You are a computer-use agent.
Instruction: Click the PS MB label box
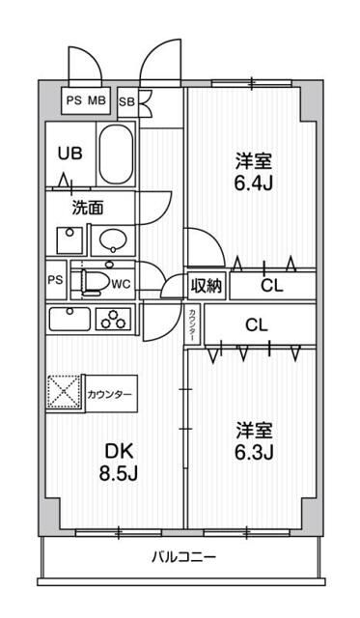click(x=86, y=100)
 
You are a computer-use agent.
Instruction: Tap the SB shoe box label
click(x=126, y=100)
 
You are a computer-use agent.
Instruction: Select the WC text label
click(x=121, y=284)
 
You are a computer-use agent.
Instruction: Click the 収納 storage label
click(x=206, y=286)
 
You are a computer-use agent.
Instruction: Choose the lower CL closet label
click(x=256, y=324)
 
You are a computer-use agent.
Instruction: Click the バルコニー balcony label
click(x=182, y=557)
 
